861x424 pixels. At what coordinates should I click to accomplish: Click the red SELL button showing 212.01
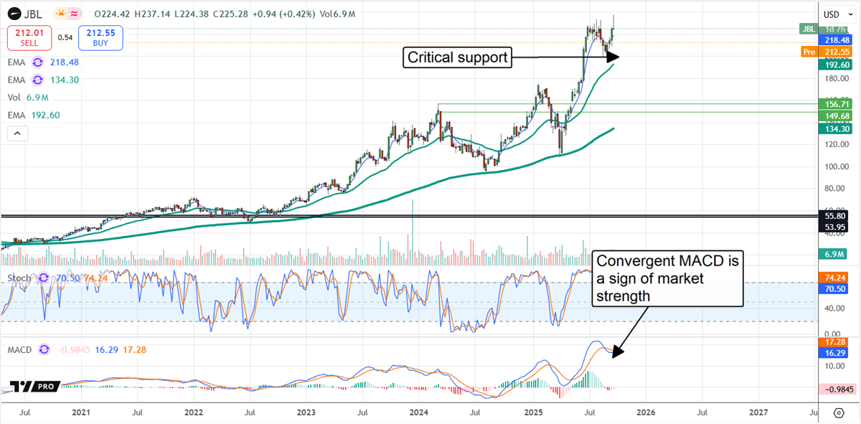click(x=29, y=37)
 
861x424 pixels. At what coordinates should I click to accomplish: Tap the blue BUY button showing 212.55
click(x=102, y=37)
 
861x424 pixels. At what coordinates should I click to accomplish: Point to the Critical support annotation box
click(x=458, y=57)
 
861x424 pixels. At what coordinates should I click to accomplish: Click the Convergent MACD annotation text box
click(x=668, y=278)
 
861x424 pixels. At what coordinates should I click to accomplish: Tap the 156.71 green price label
click(x=837, y=104)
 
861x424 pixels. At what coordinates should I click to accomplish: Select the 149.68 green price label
click(x=837, y=116)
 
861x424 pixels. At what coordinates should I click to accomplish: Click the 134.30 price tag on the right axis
click(x=837, y=128)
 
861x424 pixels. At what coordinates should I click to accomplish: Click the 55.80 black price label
click(x=837, y=215)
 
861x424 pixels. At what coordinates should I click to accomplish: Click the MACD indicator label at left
click(x=20, y=349)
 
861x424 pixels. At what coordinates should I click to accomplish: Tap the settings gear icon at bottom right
click(x=838, y=413)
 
